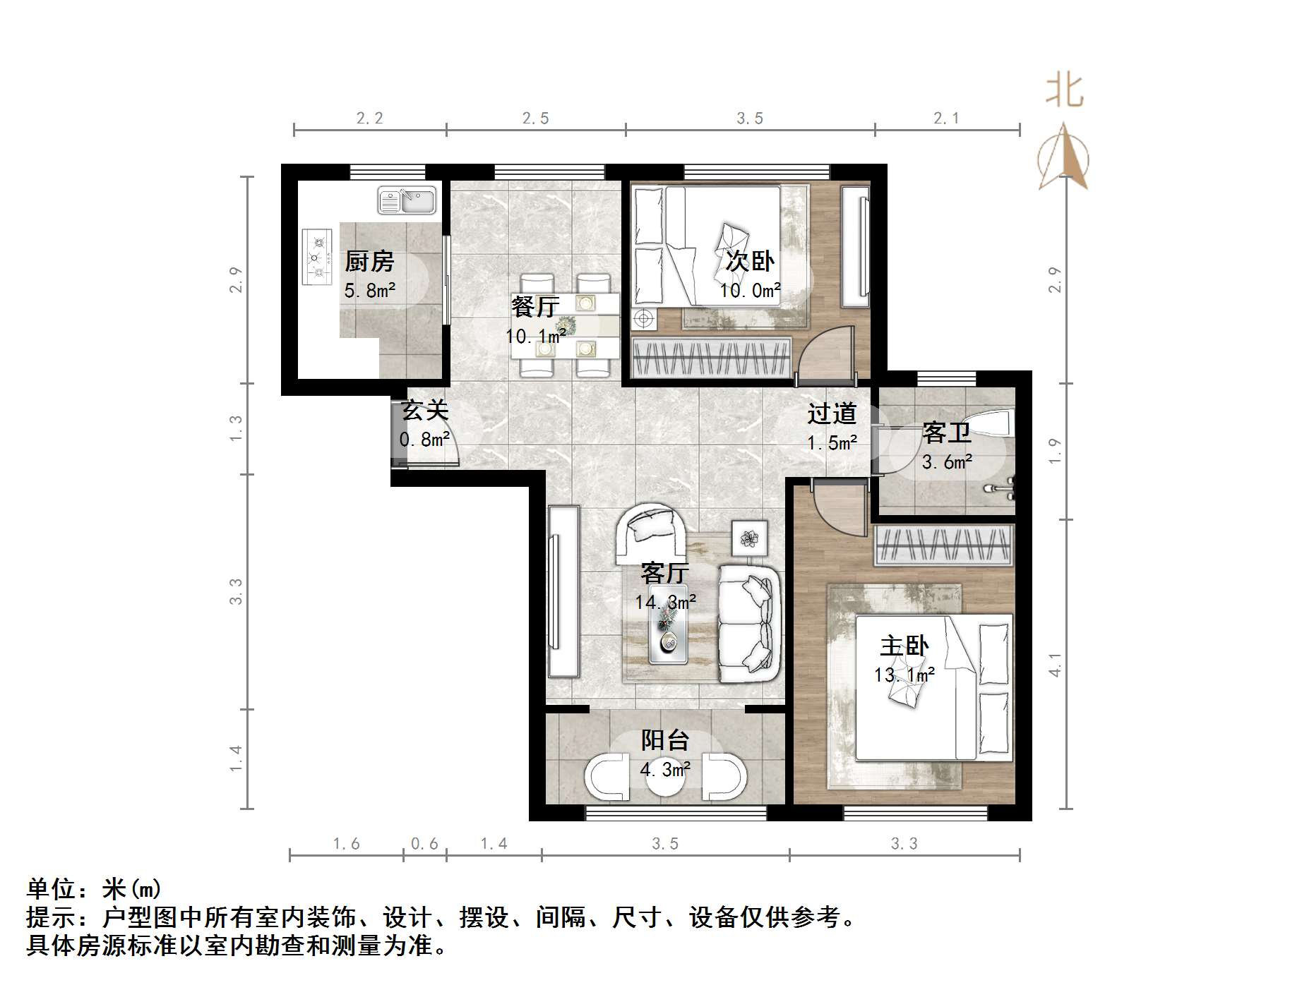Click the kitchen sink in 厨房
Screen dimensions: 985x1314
click(407, 200)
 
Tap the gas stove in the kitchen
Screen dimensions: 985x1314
click(317, 257)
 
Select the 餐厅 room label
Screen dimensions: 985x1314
click(534, 307)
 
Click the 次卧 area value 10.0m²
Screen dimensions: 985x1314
click(750, 290)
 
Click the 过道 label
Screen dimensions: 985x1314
click(832, 413)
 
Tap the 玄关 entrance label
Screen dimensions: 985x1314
click(424, 410)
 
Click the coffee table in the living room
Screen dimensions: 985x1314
click(667, 634)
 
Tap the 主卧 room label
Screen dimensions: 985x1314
click(904, 646)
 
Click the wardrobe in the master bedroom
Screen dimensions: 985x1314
click(943, 545)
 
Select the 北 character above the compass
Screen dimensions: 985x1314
click(1064, 92)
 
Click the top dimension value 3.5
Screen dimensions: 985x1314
click(749, 119)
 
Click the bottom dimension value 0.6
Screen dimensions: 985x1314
click(424, 844)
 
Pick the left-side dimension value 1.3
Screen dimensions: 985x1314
click(236, 428)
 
